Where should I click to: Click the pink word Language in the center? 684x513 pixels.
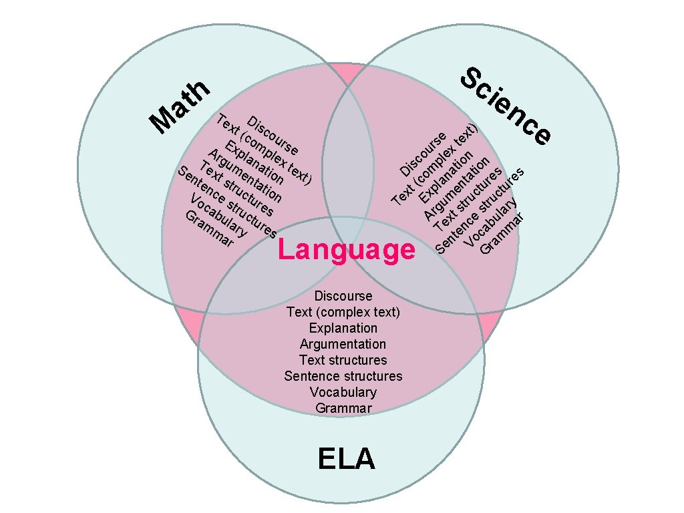click(346, 250)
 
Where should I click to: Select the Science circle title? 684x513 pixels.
click(508, 105)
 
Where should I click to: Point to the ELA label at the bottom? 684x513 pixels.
click(346, 460)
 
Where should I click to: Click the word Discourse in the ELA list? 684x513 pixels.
click(343, 296)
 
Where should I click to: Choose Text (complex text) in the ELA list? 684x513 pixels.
click(343, 312)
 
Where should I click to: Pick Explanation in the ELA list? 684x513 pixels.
click(343, 328)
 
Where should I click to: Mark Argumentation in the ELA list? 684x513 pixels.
click(343, 344)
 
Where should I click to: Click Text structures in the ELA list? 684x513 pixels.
click(343, 360)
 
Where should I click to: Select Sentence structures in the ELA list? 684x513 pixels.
click(343, 376)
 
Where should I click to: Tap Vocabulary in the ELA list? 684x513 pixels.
click(343, 392)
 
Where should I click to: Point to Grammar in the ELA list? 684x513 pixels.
click(343, 408)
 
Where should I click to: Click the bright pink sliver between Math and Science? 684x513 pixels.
click(347, 71)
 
